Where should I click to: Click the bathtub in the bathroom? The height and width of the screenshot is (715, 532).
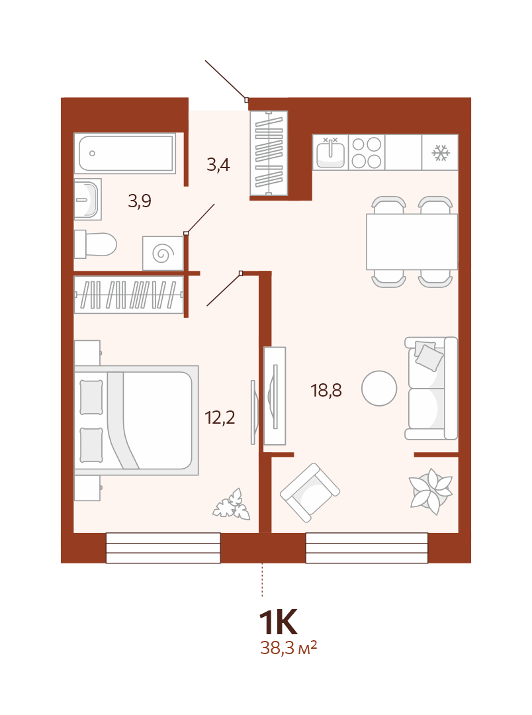[125, 153]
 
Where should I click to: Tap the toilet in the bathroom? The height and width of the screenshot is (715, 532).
[95, 244]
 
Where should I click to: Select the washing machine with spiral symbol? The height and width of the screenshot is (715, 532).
[163, 253]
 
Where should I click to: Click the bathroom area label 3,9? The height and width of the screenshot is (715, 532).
[140, 201]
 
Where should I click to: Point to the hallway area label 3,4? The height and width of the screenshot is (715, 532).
[218, 165]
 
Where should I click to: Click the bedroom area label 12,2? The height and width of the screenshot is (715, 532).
[220, 417]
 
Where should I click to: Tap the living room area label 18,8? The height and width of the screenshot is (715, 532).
[326, 391]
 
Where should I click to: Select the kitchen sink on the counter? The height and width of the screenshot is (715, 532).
[330, 152]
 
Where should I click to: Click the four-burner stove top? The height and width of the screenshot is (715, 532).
[367, 152]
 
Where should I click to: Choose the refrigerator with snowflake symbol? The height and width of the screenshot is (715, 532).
[440, 152]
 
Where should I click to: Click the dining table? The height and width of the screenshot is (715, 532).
[412, 242]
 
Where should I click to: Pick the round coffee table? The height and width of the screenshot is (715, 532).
[379, 389]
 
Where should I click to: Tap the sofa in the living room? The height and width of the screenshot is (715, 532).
[431, 389]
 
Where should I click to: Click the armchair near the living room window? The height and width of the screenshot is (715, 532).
[310, 493]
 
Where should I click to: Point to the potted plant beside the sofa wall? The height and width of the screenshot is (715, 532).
[431, 491]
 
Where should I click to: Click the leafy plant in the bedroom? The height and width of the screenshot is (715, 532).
[232, 504]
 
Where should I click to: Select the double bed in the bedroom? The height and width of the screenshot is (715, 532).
[136, 420]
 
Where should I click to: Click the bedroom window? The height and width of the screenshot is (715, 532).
[163, 548]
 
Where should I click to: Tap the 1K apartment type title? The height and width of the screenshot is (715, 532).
[278, 622]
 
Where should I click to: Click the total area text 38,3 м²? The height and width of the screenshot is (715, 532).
[288, 647]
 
